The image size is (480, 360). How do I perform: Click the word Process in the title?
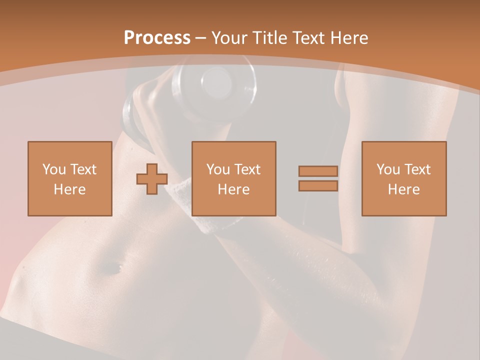click(157, 38)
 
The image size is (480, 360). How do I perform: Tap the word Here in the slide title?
click(347, 38)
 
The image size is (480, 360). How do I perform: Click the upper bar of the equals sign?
click(318, 171)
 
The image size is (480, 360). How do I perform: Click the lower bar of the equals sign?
click(318, 185)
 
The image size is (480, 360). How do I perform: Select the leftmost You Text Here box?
click(69, 178)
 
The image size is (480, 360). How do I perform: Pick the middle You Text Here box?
click(233, 178)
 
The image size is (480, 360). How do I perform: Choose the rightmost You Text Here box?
click(403, 178)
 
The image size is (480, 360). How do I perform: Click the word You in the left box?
click(53, 169)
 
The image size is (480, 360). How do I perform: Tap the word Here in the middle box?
click(233, 189)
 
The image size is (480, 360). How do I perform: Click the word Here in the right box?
click(403, 189)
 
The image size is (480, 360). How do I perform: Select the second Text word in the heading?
click(309, 38)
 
